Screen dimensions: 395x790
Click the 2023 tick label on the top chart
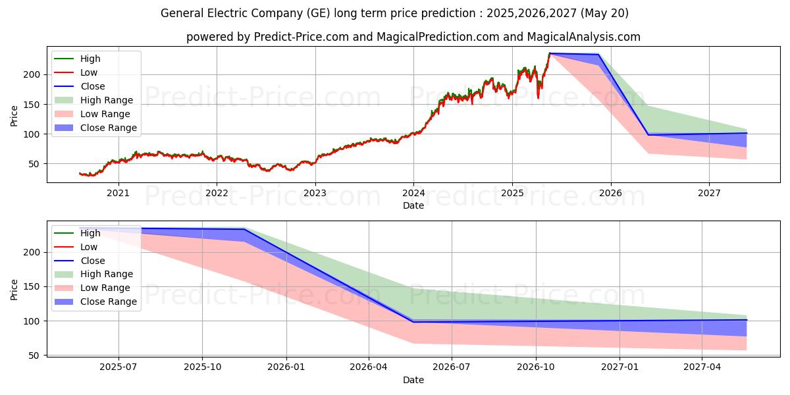click(315, 193)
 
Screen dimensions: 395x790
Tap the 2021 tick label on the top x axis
click(118, 193)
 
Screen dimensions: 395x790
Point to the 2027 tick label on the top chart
click(709, 193)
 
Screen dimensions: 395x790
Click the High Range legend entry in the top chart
click(107, 100)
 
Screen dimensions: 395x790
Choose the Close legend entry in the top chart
click(93, 86)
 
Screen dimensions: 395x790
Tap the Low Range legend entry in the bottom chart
click(105, 288)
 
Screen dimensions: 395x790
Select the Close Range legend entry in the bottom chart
click(109, 302)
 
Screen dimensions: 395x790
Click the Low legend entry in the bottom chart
click(89, 247)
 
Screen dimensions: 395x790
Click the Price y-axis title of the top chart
click(14, 116)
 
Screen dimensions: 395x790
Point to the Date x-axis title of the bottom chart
click(413, 380)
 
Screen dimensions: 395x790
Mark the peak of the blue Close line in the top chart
click(549, 53)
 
